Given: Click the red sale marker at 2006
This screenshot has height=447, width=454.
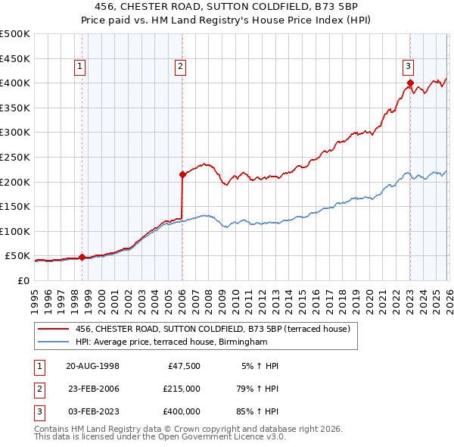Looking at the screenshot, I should pyautogui.click(x=182, y=174).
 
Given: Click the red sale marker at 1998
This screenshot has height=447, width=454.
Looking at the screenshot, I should pyautogui.click(x=82, y=258).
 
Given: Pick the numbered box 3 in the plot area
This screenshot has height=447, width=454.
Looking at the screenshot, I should pyautogui.click(x=408, y=65).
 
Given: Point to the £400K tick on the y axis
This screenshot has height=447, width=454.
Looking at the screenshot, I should pyautogui.click(x=15, y=83).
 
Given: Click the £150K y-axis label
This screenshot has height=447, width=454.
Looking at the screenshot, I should pyautogui.click(x=15, y=206).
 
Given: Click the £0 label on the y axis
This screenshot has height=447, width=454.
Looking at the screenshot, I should pyautogui.click(x=23, y=280).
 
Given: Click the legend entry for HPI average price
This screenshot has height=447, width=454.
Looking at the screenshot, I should pyautogui.click(x=172, y=342).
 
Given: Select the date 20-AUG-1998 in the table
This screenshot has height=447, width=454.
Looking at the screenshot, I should pyautogui.click(x=92, y=366).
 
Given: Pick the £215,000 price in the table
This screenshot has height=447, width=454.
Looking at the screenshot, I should pyautogui.click(x=181, y=389).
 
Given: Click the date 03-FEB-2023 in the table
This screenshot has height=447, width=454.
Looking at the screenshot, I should pyautogui.click(x=92, y=411).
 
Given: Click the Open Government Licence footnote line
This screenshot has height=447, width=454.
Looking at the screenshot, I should pyautogui.click(x=160, y=438).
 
